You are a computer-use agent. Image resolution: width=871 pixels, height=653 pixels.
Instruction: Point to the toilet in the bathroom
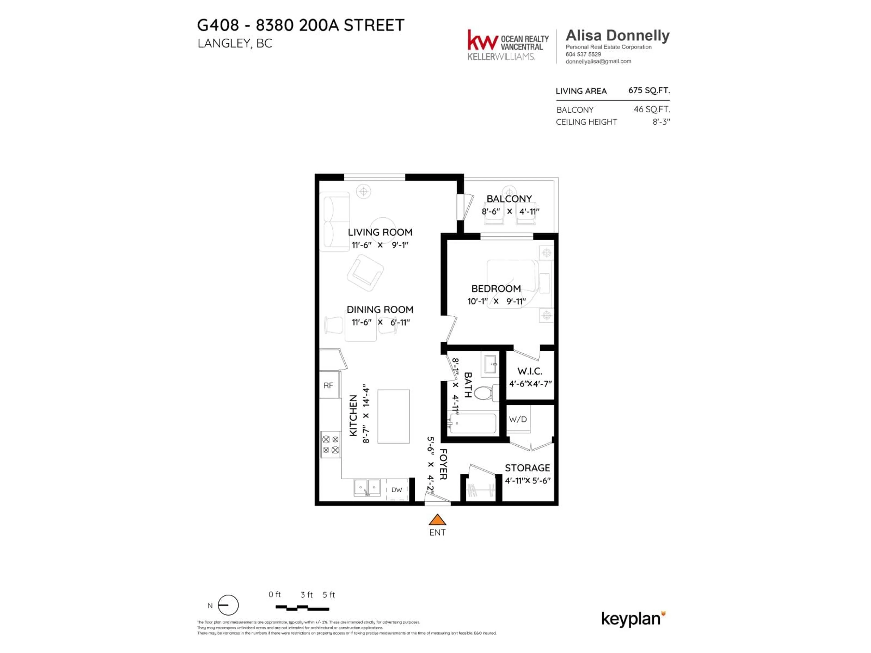[x=484, y=393]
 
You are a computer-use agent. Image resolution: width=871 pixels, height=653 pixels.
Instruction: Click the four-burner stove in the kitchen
[x=330, y=444]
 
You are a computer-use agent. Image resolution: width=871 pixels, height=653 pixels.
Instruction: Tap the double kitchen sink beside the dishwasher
[x=367, y=488]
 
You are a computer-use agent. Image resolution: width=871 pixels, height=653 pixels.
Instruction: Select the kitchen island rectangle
[x=393, y=417]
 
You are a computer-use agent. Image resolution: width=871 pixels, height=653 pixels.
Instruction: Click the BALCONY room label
[x=509, y=199]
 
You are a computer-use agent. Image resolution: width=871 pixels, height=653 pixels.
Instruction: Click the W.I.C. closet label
[x=530, y=371]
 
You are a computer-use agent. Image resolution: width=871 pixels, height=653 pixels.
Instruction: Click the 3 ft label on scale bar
[x=306, y=595]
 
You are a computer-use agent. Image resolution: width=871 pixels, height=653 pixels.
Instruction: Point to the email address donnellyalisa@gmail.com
[x=598, y=61]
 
